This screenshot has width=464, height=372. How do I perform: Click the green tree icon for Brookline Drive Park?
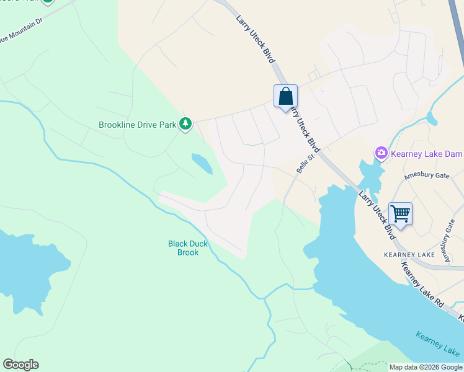coord(185,125)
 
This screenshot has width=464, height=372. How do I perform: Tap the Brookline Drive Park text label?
coord(138,125)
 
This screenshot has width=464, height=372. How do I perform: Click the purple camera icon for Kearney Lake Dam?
coord(381,153)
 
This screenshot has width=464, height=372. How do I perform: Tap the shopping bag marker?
coord(285,97)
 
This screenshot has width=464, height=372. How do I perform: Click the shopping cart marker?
coord(400,214)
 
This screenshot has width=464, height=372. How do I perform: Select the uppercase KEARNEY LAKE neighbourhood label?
coord(409,255)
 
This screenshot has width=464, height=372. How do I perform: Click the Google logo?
coord(20,365)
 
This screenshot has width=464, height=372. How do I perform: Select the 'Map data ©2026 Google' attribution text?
coord(426,367)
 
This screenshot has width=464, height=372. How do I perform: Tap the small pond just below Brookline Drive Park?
coord(203,163)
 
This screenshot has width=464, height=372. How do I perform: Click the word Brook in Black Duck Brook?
coord(188,253)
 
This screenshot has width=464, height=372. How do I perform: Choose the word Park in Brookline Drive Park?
coord(167,125)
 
